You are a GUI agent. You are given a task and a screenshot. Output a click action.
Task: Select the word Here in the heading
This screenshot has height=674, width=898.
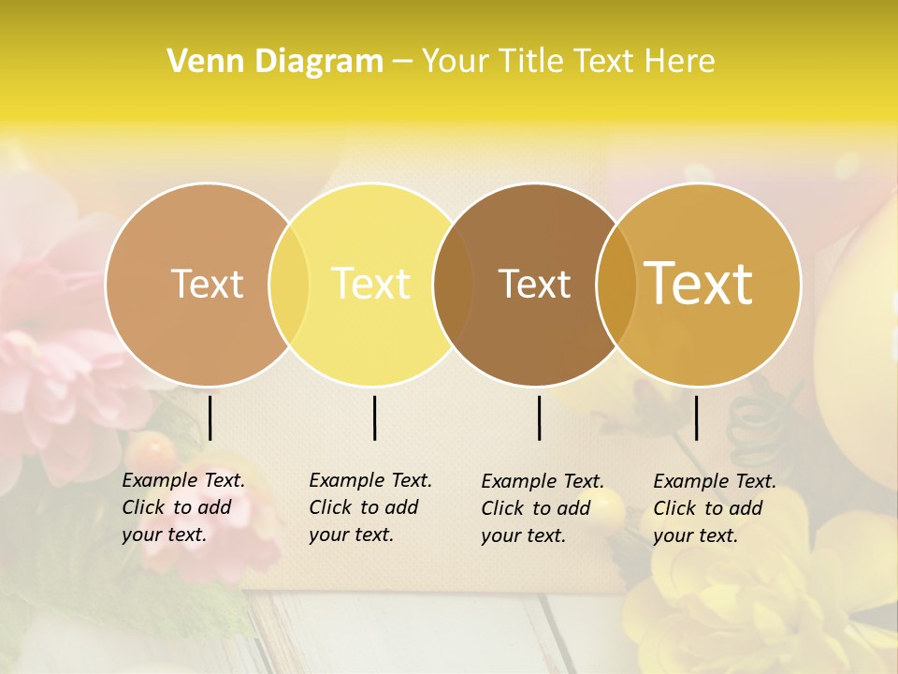click(x=681, y=61)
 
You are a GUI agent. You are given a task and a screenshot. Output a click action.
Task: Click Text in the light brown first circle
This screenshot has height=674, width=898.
click(x=207, y=284)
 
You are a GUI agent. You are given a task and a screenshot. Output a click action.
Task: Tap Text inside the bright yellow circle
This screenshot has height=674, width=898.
click(x=371, y=284)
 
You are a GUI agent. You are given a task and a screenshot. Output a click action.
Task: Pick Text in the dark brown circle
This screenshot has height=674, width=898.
click(x=534, y=284)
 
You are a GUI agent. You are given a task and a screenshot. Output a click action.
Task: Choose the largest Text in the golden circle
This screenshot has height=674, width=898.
click(x=699, y=284)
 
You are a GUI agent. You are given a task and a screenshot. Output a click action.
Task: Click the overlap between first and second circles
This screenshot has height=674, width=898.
click(x=289, y=284)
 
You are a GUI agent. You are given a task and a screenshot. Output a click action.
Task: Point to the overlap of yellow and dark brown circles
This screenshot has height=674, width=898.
click(x=453, y=284)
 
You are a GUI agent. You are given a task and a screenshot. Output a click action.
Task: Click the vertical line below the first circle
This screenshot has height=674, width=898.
click(x=210, y=418)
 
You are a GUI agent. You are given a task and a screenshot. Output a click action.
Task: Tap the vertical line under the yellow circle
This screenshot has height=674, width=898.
click(x=374, y=418)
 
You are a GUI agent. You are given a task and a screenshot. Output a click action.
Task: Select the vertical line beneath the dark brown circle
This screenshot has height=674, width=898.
click(x=539, y=418)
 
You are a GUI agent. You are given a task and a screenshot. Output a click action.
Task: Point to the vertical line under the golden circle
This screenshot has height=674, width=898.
click(x=696, y=418)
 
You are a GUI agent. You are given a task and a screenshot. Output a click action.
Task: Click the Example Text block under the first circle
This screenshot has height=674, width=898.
click(x=182, y=507)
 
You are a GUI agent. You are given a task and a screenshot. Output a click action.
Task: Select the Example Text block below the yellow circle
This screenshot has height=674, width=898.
click(x=369, y=507)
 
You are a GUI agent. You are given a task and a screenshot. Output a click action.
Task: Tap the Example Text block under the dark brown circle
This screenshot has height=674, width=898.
click(x=542, y=508)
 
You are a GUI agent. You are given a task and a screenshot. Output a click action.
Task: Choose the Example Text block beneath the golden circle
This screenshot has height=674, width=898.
click(x=714, y=508)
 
